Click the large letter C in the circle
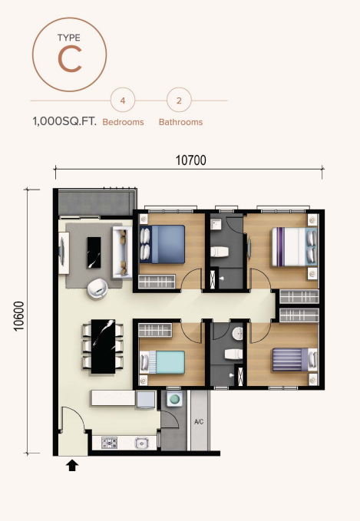pos(69,60)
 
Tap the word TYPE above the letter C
pos(69,37)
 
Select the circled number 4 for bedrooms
pos(123,101)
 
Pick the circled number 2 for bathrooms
pos(179,101)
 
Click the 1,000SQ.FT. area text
pos(64,121)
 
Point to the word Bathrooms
pos(180,122)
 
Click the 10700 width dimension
pos(191,160)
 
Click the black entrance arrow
pos(72,465)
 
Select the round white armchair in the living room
pos(97,288)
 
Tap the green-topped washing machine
pos(174,400)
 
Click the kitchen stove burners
pos(109,442)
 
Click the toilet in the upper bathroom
pos(220,250)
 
